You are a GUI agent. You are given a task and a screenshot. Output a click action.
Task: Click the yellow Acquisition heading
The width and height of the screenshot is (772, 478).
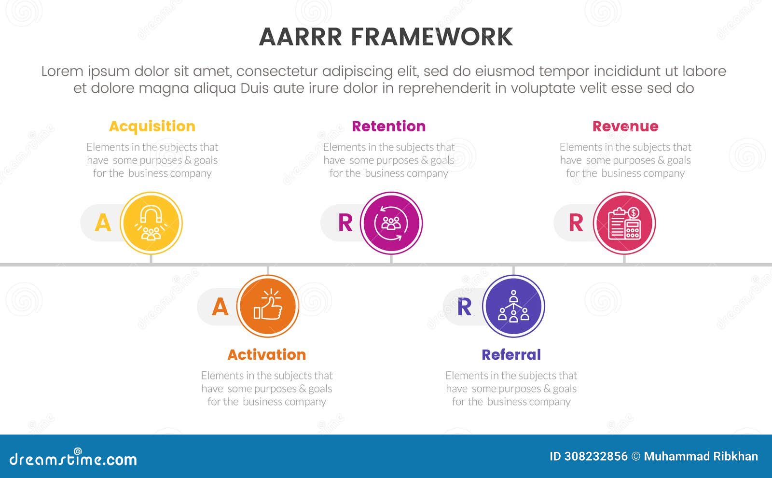152,127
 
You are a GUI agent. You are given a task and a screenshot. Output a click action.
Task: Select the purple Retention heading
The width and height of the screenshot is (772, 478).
388,127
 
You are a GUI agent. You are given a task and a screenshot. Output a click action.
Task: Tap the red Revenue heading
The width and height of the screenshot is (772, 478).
625,127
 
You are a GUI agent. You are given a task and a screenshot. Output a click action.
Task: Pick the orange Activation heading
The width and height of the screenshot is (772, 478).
266,355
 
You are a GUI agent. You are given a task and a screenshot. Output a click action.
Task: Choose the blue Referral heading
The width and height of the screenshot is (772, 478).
511,355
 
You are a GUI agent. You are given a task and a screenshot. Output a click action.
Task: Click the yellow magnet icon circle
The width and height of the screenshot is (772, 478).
151,223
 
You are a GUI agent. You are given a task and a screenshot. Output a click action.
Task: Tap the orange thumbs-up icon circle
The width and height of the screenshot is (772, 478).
268,306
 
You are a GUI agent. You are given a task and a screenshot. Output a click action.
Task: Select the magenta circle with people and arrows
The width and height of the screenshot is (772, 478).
391,223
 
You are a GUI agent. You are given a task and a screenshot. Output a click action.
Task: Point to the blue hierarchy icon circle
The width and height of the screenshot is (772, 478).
513,306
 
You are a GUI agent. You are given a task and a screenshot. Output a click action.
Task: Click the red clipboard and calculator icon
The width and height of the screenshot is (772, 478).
624,223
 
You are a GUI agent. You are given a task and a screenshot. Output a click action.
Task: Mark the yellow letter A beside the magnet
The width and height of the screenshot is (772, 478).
103,223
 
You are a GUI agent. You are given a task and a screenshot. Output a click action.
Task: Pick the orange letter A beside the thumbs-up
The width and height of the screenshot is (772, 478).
220,307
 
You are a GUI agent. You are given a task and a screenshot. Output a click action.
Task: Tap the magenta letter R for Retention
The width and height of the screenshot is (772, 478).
345,223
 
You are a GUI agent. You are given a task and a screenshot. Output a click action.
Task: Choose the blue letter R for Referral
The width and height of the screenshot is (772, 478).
464,307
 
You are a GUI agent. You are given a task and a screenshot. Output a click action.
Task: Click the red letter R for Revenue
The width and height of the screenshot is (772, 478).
576,223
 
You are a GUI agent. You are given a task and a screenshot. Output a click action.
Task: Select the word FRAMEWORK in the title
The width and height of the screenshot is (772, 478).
431,37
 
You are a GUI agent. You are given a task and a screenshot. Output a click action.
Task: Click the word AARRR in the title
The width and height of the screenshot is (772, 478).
300,37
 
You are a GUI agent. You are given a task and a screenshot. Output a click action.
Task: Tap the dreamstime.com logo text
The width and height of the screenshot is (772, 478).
73,459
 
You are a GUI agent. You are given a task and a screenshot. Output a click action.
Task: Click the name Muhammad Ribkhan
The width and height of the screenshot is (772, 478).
701,457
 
